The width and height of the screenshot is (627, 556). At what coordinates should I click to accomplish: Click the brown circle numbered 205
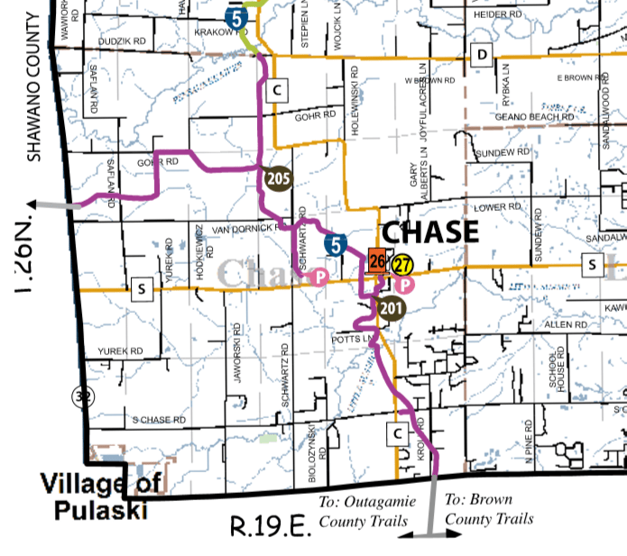tap(278, 178)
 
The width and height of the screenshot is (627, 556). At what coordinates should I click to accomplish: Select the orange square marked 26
tap(377, 262)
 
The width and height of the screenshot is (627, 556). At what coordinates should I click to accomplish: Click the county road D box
tap(482, 57)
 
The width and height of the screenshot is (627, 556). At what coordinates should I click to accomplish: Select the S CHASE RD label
tap(159, 420)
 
